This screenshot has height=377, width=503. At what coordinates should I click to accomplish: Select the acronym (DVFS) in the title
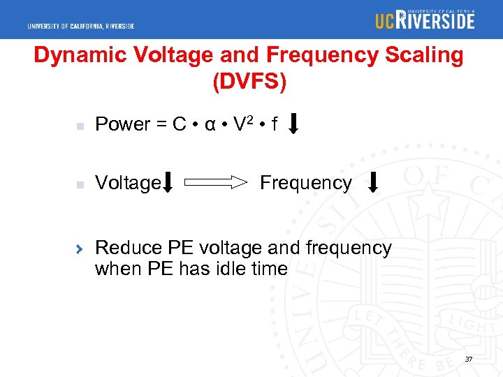249,82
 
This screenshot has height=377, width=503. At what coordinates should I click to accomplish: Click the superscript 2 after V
249,119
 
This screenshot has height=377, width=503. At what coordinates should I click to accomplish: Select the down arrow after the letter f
294,124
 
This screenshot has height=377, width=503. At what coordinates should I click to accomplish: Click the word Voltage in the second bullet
127,183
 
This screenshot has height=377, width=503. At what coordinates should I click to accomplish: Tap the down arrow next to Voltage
168,184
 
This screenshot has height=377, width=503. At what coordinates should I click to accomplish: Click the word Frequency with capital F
305,183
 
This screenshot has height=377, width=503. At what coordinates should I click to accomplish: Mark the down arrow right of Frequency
373,182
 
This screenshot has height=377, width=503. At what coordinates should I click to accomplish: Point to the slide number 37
468,359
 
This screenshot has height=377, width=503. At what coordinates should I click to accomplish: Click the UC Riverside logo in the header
424,20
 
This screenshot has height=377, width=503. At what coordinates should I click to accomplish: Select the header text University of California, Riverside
81,27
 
